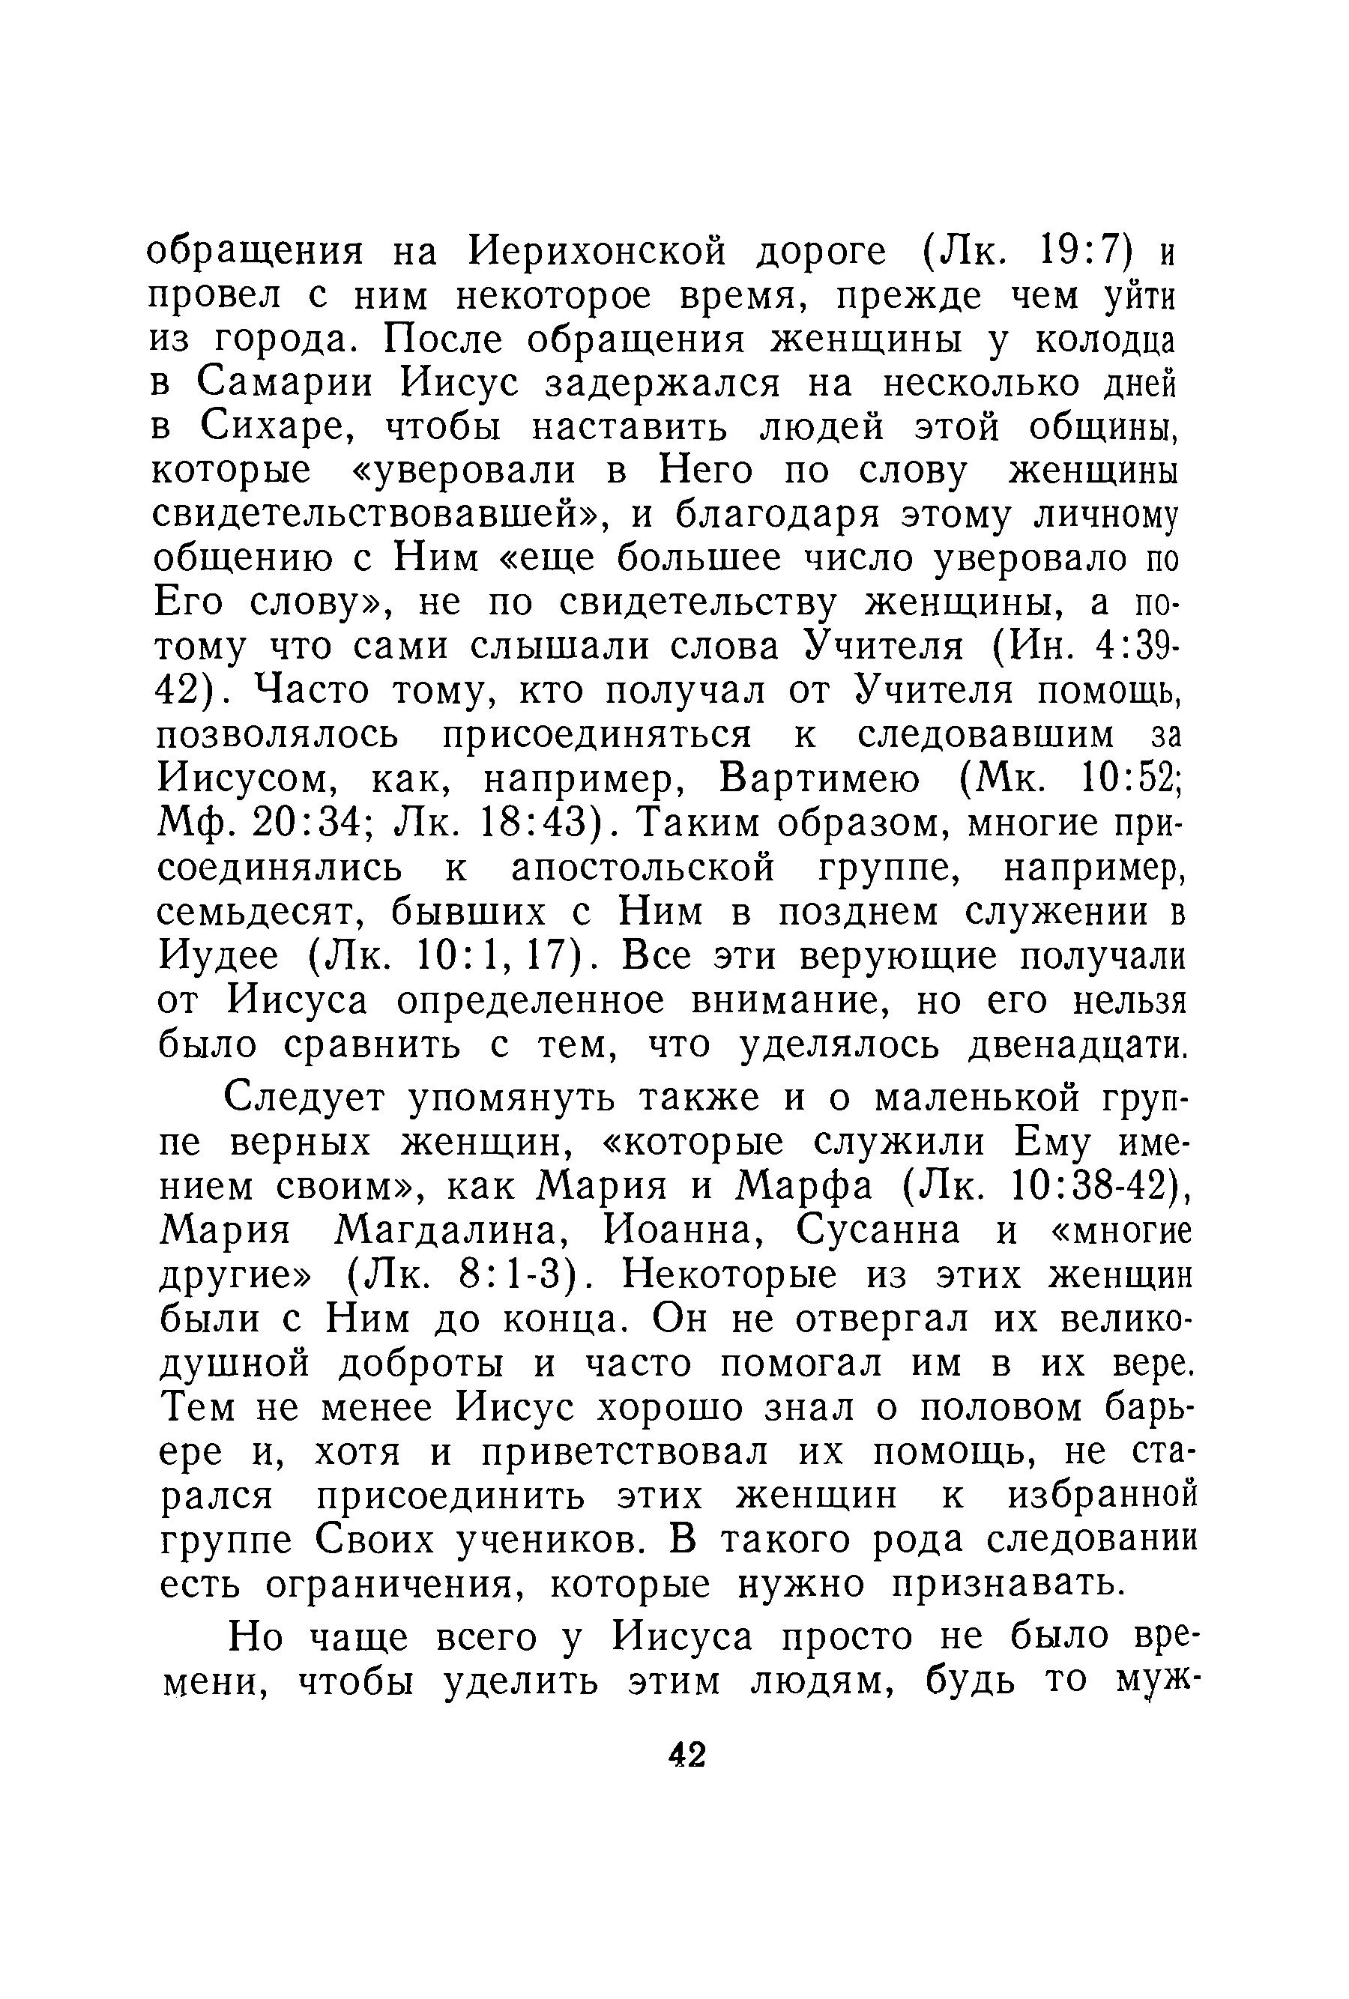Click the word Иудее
[x=220, y=957]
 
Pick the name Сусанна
[x=878, y=1231]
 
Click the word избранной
[x=1102, y=1496]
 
